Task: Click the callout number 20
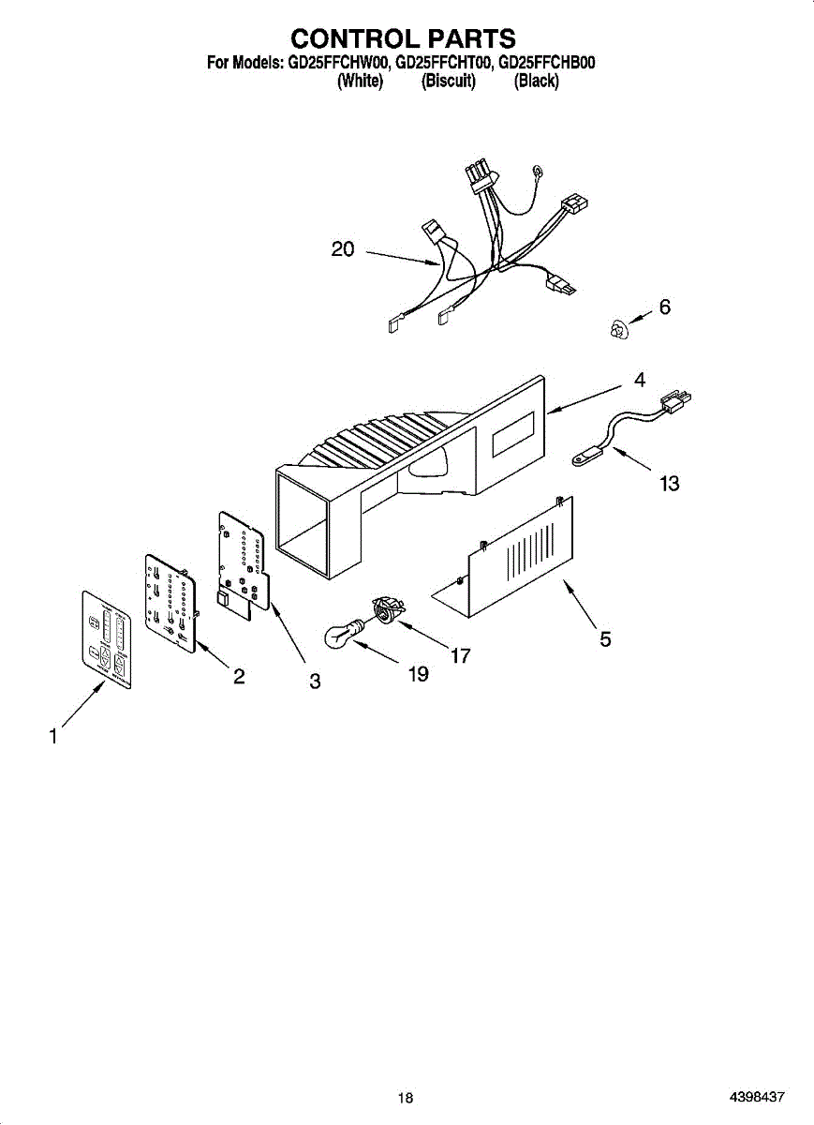[343, 249]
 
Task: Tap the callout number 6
[665, 307]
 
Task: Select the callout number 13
[669, 484]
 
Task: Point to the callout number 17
[460, 656]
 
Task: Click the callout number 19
[419, 674]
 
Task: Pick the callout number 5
[606, 639]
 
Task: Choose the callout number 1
[53, 737]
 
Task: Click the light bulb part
[343, 637]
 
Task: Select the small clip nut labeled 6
[615, 329]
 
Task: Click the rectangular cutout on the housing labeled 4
[509, 437]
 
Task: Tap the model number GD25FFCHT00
[444, 64]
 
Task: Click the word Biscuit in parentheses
[449, 82]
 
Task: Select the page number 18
[405, 1098]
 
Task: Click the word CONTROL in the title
[348, 38]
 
